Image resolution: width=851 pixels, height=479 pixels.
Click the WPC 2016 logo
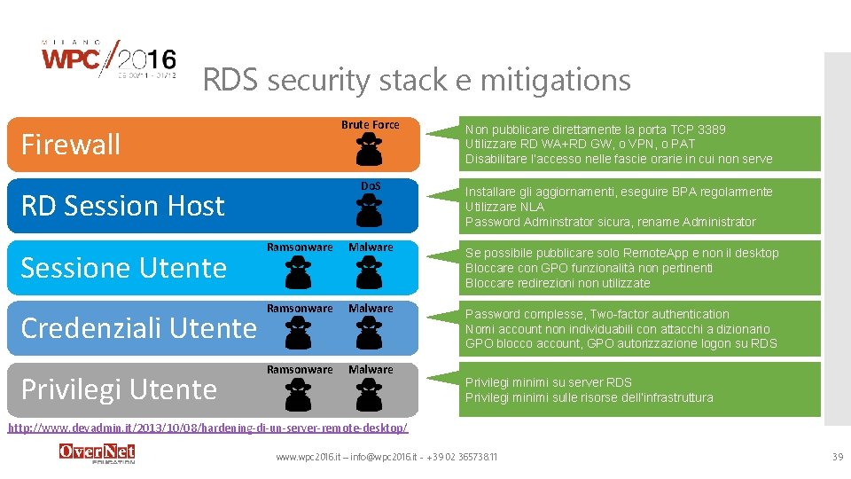pos(109,60)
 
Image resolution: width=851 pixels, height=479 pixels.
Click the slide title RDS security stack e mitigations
pos(417,80)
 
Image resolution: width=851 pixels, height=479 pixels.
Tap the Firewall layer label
pos(70,145)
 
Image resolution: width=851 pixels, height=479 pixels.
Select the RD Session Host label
pos(122,206)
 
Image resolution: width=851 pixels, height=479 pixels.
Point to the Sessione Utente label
pos(123,267)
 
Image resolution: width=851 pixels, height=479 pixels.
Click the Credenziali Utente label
pos(138,328)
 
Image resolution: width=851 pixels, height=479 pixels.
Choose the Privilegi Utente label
pos(119,389)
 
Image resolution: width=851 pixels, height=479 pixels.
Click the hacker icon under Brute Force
pos(370,150)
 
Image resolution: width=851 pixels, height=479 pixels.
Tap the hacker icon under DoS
pos(370,211)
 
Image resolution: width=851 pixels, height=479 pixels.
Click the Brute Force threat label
pos(370,125)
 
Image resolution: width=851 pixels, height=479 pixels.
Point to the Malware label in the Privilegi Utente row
pos(371,370)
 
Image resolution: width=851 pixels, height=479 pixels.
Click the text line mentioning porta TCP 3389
pos(595,130)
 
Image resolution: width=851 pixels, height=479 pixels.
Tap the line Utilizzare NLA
pos(504,207)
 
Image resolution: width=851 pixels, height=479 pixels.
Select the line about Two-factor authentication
pos(597,314)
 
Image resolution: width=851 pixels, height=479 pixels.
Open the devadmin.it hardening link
pos(207,428)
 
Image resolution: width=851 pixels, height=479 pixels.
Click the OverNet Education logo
pos(97,453)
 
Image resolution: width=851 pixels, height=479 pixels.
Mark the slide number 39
pos(837,456)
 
